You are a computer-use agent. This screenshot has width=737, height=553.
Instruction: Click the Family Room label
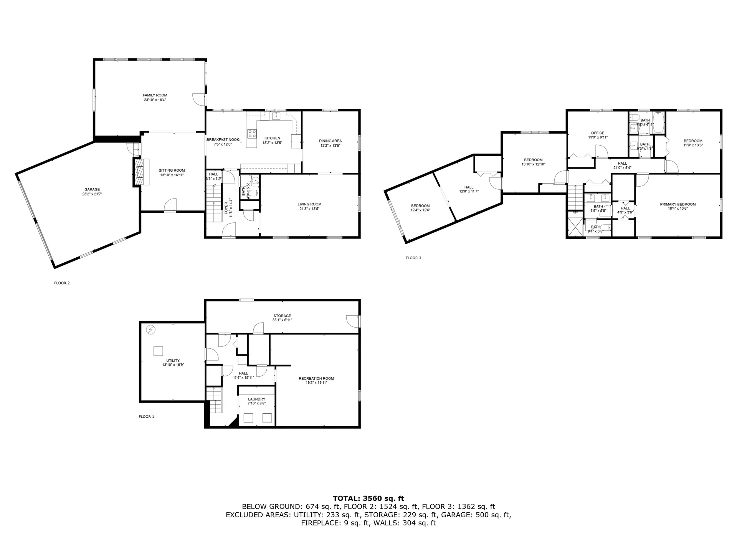(x=155, y=95)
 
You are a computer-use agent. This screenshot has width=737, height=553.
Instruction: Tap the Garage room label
(x=92, y=189)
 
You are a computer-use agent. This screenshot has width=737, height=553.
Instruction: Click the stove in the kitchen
(x=252, y=134)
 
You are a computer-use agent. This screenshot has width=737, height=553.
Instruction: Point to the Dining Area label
(x=330, y=141)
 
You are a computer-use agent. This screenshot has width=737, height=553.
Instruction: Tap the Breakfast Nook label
(x=223, y=139)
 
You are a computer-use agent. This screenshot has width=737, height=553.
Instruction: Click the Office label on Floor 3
(x=598, y=133)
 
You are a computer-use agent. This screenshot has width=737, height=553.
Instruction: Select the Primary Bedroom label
(x=678, y=204)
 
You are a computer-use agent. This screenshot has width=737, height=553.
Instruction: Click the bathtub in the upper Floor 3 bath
(x=658, y=122)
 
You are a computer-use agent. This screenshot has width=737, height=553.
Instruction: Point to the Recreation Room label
(x=316, y=378)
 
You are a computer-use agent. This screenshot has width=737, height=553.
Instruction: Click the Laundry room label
(x=256, y=399)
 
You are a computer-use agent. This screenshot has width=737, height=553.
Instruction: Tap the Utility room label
(x=173, y=361)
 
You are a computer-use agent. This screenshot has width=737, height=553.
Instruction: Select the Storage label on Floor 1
(x=282, y=316)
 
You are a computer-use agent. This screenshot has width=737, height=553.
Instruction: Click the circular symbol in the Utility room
(x=151, y=329)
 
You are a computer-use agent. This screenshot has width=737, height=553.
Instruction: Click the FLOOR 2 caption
(x=62, y=283)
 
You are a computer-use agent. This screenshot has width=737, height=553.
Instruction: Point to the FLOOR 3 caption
(x=413, y=258)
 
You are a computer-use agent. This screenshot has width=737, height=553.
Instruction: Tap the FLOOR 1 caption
(x=146, y=417)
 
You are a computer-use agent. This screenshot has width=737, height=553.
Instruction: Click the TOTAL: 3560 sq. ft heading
(x=368, y=498)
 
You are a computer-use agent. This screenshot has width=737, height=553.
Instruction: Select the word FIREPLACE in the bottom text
(x=320, y=523)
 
